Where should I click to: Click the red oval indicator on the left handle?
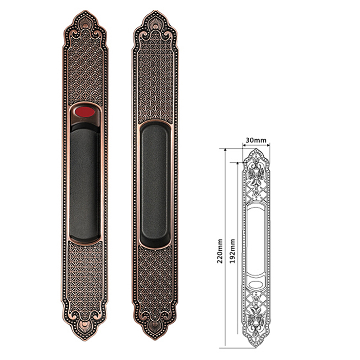(x=85, y=112)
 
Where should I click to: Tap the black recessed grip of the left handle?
(x=85, y=184)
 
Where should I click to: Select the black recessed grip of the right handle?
(x=155, y=184)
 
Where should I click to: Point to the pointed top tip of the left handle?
(x=85, y=10)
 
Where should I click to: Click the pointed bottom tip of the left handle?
(x=85, y=340)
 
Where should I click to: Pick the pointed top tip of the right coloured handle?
(x=156, y=10)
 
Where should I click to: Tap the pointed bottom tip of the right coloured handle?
(x=155, y=340)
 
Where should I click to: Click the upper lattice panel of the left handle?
(x=85, y=69)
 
